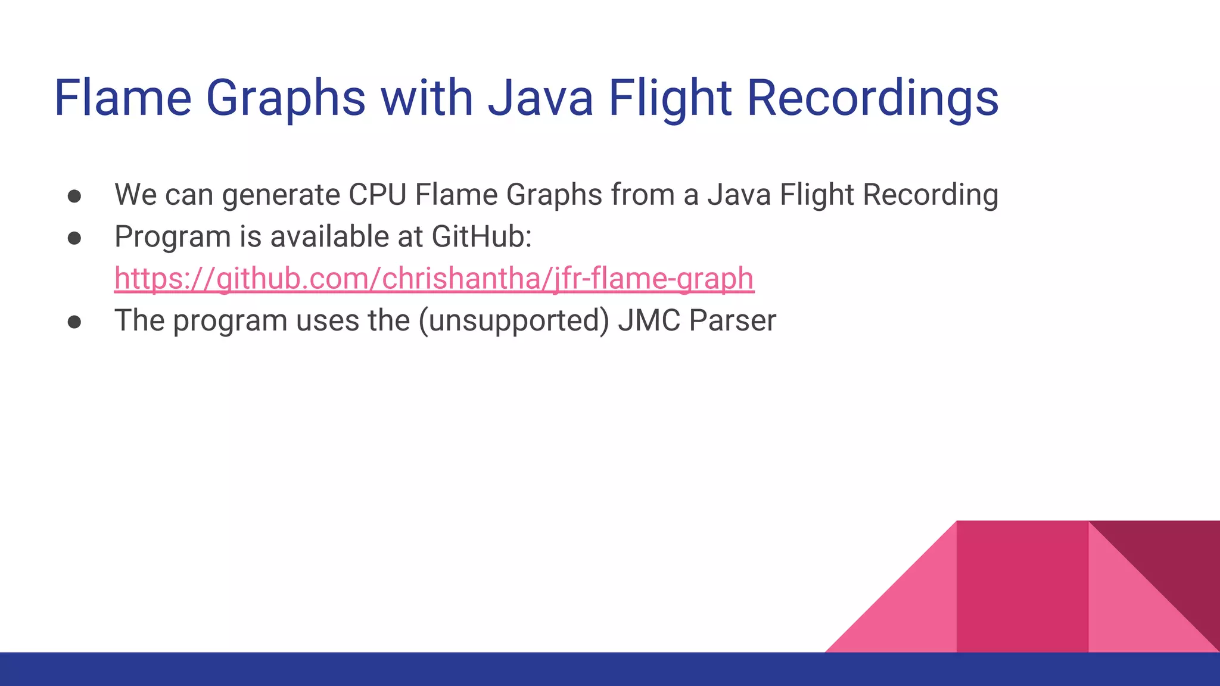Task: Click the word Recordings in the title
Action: (872, 98)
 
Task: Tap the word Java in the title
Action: (540, 98)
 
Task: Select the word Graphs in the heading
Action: (285, 98)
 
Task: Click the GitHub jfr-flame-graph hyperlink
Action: (434, 279)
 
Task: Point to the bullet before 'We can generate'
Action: (74, 196)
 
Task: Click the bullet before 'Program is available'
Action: (74, 238)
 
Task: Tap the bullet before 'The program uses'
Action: (74, 322)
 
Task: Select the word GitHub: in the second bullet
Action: (481, 236)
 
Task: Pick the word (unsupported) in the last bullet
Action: (513, 321)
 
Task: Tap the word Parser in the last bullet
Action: (733, 320)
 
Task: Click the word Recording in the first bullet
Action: (930, 195)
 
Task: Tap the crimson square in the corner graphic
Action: (1022, 587)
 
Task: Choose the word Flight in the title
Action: (670, 98)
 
